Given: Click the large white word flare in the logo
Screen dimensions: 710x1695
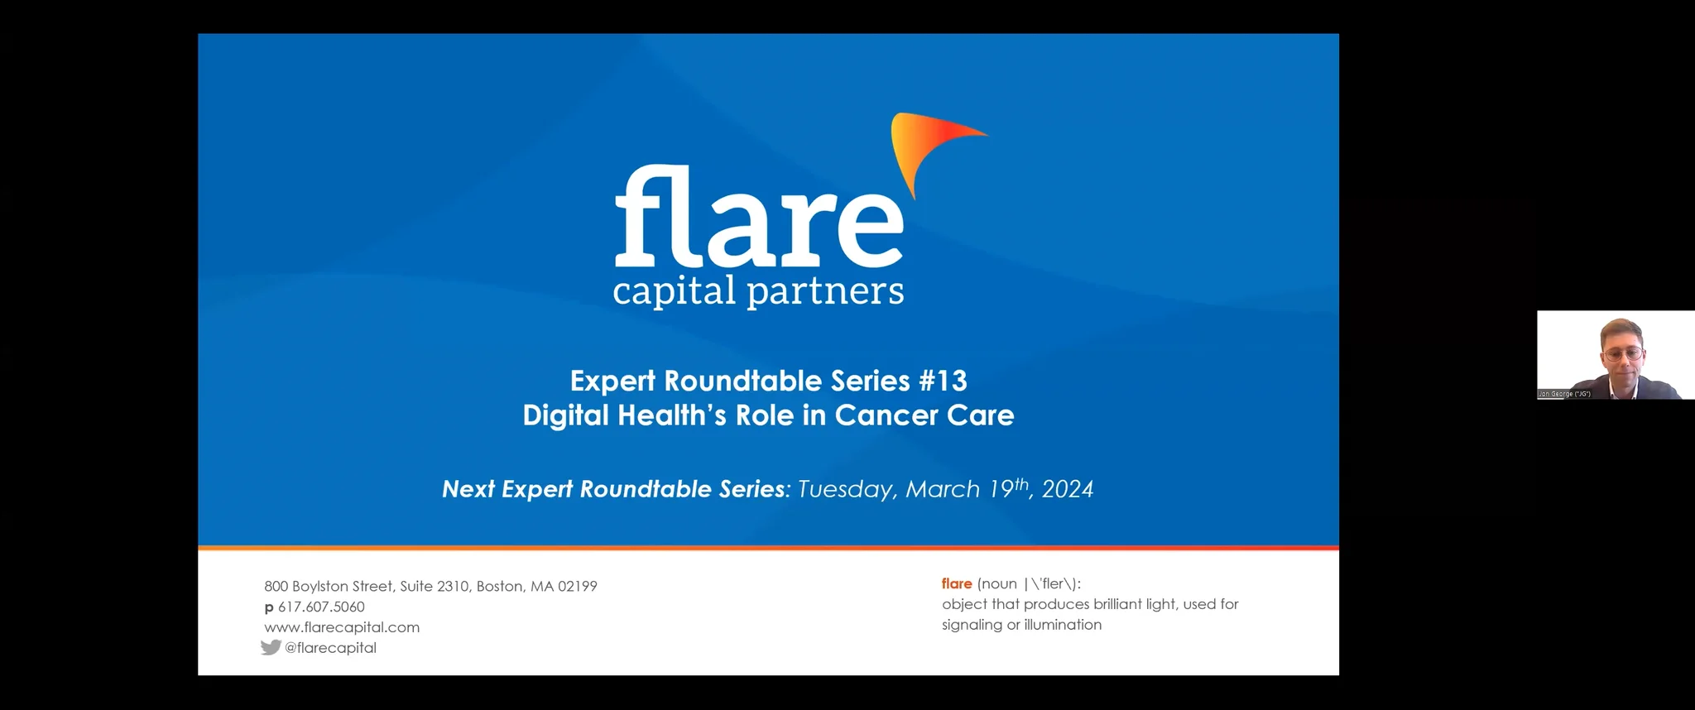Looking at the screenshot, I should click(758, 217).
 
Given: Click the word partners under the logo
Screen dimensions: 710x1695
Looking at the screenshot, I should click(825, 292).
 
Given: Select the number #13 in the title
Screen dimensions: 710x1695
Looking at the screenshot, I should click(943, 381).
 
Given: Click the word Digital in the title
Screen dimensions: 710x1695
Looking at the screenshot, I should click(566, 415).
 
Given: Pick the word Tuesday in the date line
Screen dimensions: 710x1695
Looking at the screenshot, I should click(846, 490).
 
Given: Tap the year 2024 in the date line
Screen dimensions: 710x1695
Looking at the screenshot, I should click(1068, 490).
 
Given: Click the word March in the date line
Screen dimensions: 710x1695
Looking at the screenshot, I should click(943, 490).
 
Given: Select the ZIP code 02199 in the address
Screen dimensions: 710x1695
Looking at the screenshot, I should click(577, 586).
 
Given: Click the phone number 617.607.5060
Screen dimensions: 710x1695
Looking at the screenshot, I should click(321, 607).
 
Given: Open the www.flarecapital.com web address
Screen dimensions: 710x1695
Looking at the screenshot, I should click(342, 627).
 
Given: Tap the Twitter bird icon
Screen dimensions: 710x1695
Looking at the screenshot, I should click(271, 647).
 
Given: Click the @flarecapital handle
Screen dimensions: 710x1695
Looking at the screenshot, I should click(330, 648).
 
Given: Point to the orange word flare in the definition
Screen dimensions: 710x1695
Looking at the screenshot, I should click(957, 583).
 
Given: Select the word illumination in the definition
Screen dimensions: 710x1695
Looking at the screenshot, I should click(1063, 625).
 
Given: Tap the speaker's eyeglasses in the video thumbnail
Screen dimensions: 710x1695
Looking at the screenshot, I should click(1622, 354).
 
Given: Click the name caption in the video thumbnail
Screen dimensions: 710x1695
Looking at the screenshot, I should click(1564, 394).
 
